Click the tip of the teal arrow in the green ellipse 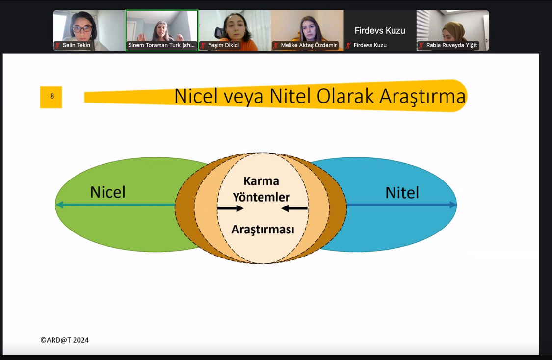(x=56, y=205)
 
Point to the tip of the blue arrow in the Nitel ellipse (x=456, y=205)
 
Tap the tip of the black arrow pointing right (x=243, y=208)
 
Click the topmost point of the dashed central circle (x=263, y=153)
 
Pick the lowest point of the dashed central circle (x=263, y=263)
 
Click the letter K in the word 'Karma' (x=247, y=181)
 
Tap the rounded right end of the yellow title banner (x=467, y=96)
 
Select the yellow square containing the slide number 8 (x=51, y=97)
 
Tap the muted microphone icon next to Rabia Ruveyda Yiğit (x=421, y=45)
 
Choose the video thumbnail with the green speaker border (x=162, y=30)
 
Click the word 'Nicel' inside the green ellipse (x=108, y=192)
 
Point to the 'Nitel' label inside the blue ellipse (x=402, y=193)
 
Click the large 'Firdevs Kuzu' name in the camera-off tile (x=380, y=30)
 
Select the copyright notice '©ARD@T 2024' (x=64, y=340)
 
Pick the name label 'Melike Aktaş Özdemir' (x=309, y=45)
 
